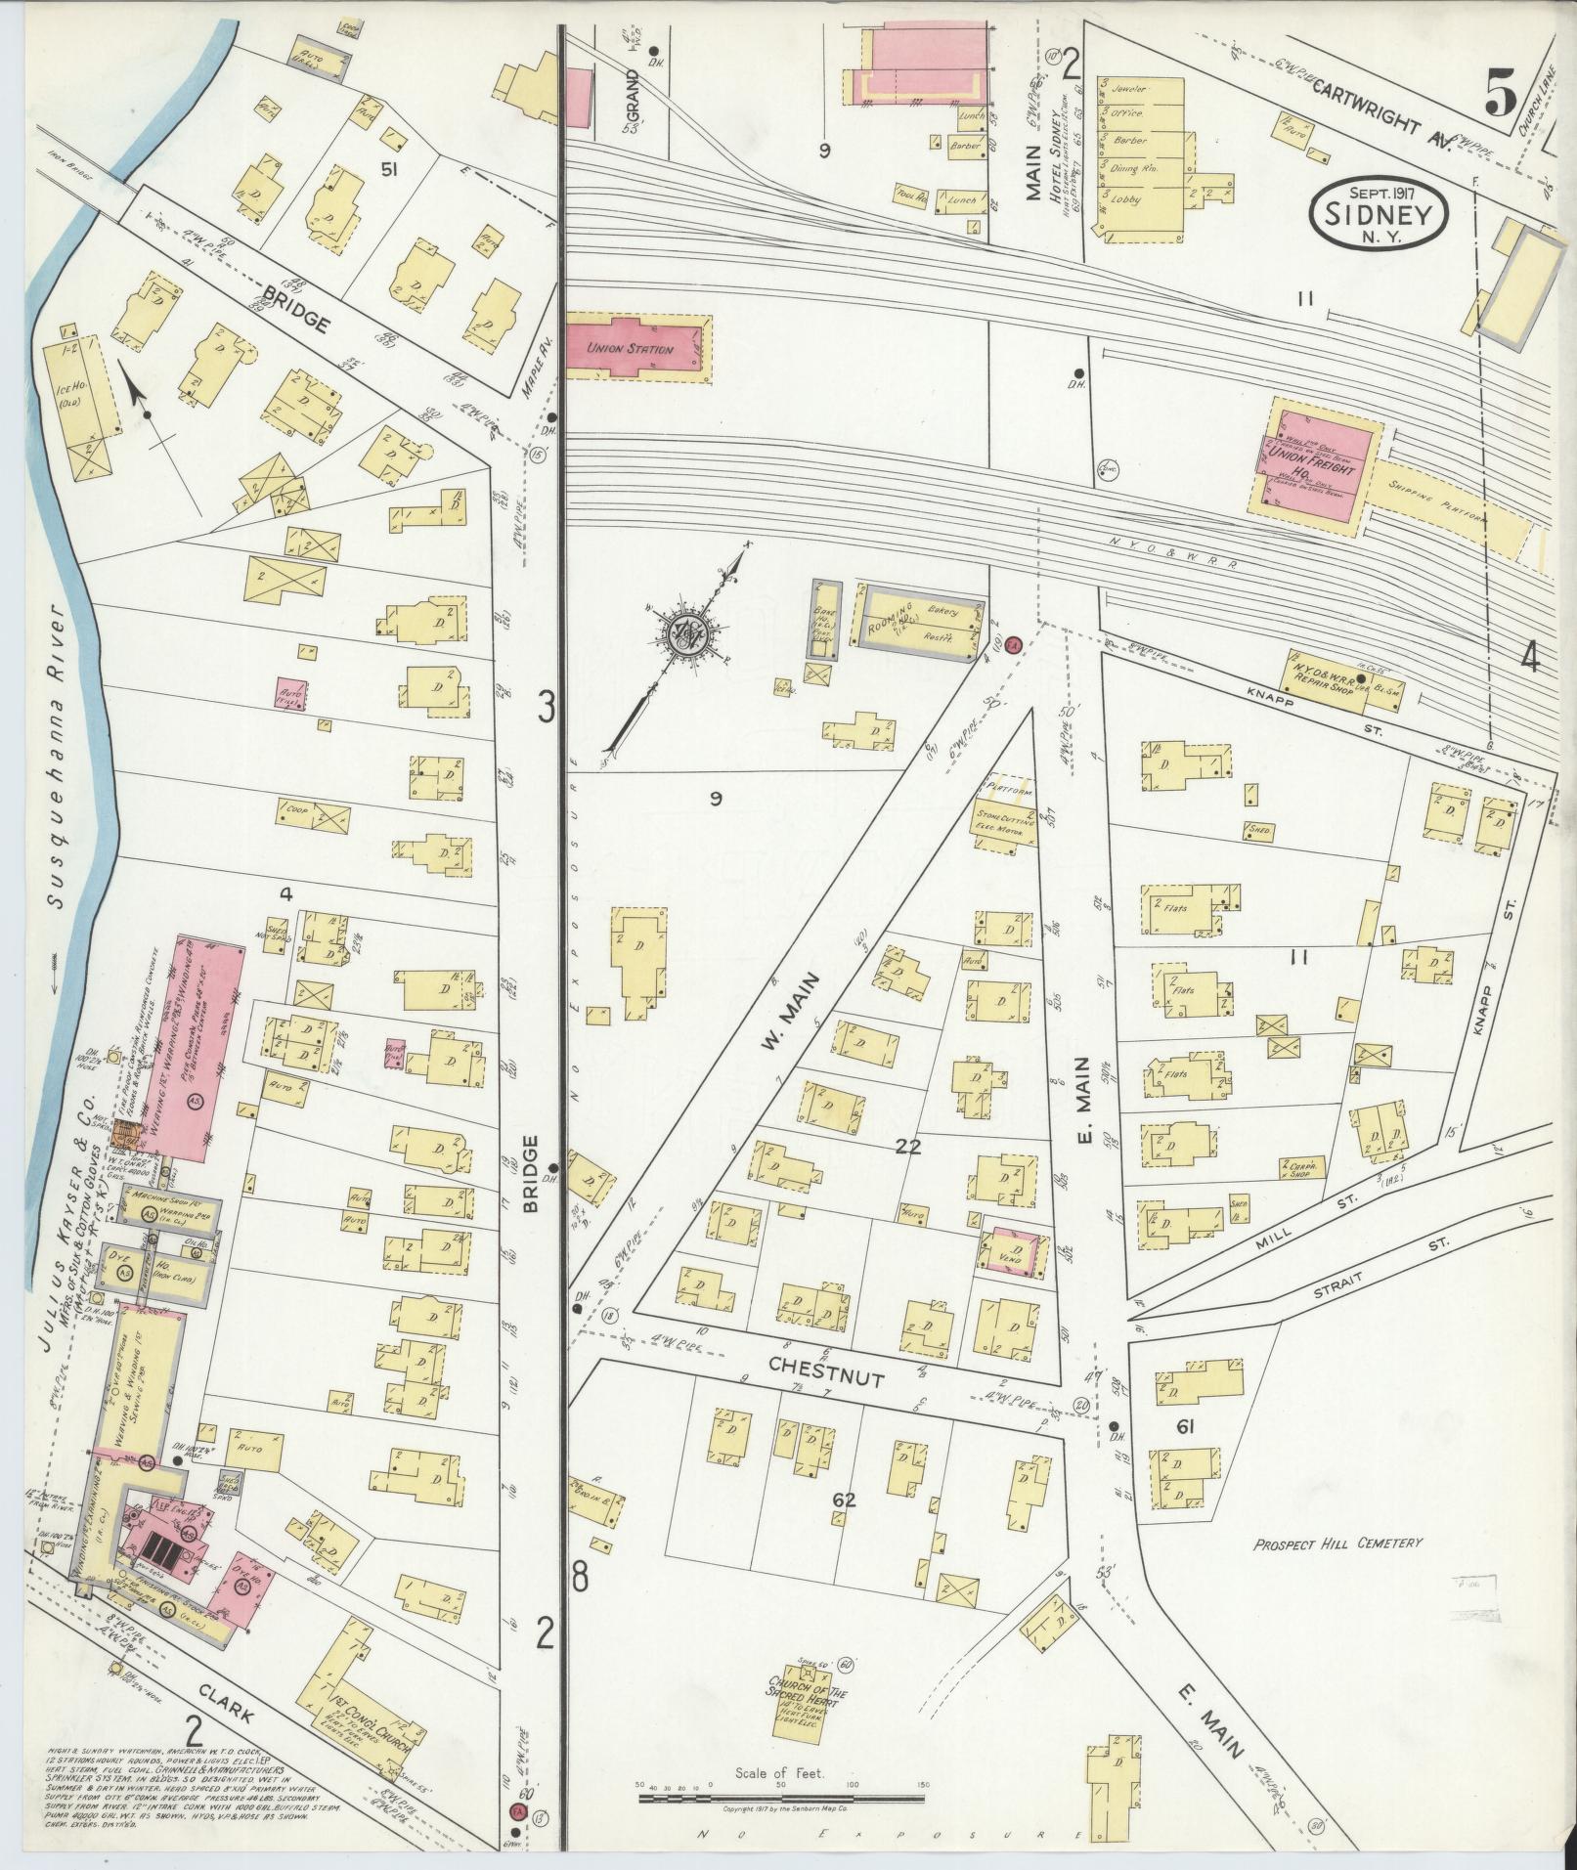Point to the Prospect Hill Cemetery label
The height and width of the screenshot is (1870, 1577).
click(1337, 1543)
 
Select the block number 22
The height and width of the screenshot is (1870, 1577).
click(908, 1147)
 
